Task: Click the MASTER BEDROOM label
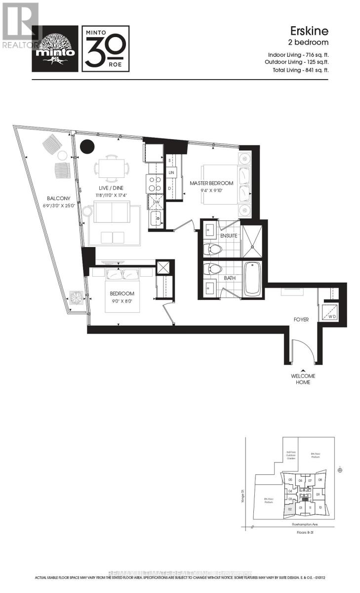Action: pyautogui.click(x=211, y=183)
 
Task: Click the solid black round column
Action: pyautogui.click(x=87, y=146)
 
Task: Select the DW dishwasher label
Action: pyautogui.click(x=156, y=202)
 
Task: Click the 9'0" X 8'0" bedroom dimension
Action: pyautogui.click(x=122, y=300)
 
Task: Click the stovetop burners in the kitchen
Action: pyautogui.click(x=154, y=184)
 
